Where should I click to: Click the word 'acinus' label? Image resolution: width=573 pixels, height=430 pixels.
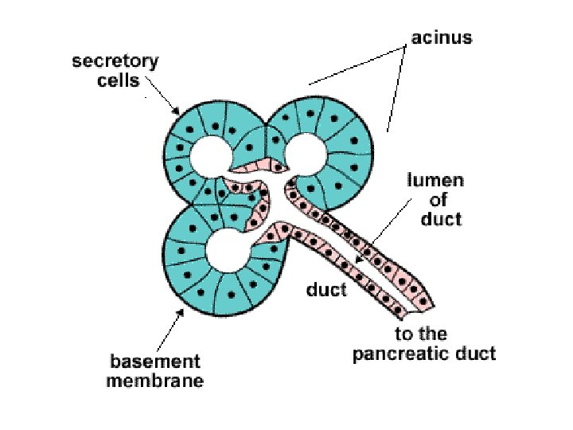pos(442,37)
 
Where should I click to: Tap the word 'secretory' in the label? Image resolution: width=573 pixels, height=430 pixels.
pos(115,61)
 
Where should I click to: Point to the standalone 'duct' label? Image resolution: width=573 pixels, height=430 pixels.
pos(326,290)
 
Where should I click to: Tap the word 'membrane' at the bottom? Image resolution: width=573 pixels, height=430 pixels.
pos(155,381)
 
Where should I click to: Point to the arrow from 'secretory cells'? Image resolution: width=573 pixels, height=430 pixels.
pos(166,100)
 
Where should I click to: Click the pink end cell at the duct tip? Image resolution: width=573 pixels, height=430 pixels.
pos(425,300)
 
